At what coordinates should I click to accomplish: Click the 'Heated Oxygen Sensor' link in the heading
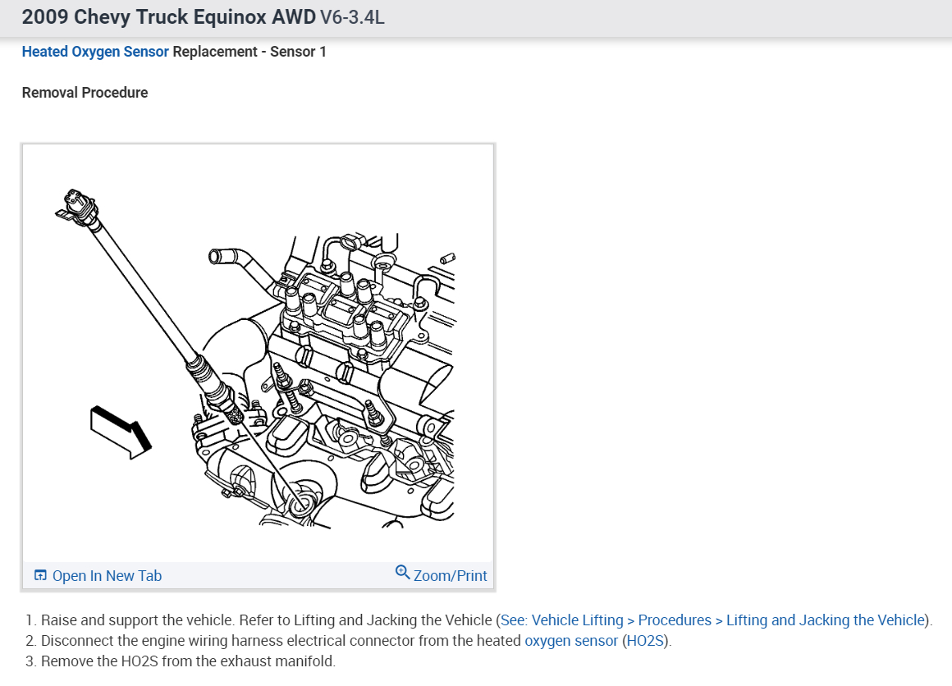[95, 52]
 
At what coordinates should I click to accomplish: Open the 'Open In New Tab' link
[107, 576]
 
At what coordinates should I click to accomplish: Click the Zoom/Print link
[450, 576]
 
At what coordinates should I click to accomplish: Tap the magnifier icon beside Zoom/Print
[402, 572]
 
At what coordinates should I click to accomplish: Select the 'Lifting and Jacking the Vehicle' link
[826, 620]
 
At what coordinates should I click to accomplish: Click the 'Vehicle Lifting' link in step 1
[577, 620]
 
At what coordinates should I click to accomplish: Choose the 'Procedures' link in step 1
[675, 620]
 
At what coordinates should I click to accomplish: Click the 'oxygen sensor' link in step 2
[571, 641]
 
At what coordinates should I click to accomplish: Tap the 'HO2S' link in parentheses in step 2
[646, 641]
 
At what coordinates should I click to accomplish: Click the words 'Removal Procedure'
[85, 93]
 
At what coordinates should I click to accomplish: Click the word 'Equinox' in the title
[223, 17]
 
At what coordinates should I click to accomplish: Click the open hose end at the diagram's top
[216, 257]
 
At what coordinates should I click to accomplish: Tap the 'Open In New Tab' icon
[40, 576]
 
